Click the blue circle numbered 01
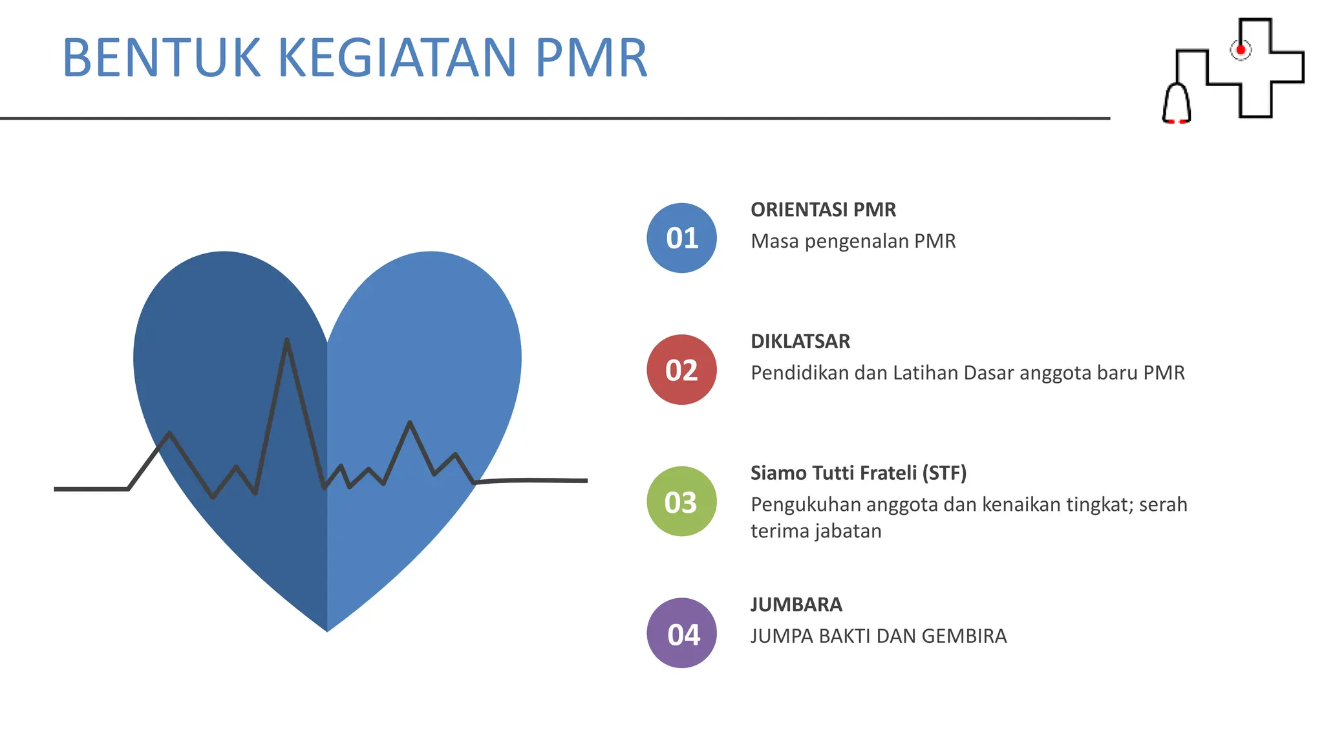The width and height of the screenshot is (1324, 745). tap(681, 238)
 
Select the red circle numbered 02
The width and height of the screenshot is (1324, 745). tap(681, 370)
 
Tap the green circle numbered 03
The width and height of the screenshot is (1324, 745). tap(681, 502)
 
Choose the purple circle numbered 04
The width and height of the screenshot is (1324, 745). tap(681, 633)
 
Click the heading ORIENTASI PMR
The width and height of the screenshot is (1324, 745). tap(823, 210)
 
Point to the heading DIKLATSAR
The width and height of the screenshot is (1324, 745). tap(800, 341)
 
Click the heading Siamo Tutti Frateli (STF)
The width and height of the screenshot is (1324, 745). tap(858, 473)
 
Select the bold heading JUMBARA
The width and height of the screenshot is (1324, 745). tap(796, 605)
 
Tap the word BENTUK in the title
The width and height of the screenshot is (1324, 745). tap(162, 58)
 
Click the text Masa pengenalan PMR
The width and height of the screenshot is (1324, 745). tap(853, 241)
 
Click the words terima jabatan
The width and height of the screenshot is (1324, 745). tap(816, 531)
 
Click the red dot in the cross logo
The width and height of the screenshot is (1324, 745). tap(1241, 50)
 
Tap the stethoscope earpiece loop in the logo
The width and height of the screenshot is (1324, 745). tap(1177, 103)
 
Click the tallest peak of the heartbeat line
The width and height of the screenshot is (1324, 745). tap(286, 341)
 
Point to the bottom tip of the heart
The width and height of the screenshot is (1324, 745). tap(327, 630)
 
